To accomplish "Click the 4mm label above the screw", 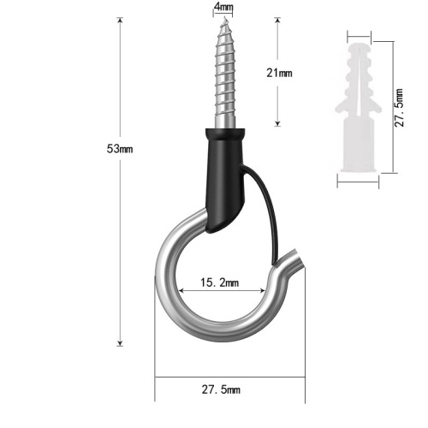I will tap(223, 6).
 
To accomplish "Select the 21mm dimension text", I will tap(279, 74).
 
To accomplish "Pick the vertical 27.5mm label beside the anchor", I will tap(397, 108).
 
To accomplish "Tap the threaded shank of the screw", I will tap(223, 77).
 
